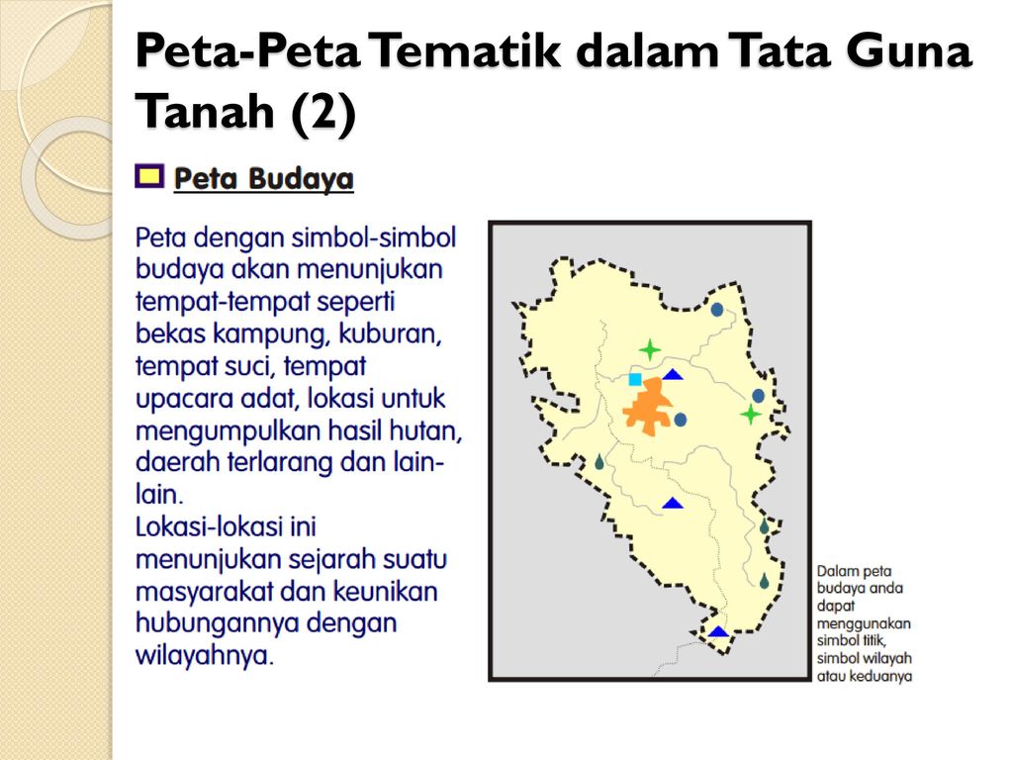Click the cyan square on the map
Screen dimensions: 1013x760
tap(635, 379)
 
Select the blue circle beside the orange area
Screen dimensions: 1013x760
tap(681, 420)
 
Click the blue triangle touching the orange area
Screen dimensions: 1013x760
tap(673, 374)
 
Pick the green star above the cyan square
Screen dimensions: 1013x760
tap(650, 349)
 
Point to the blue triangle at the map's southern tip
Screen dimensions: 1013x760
tap(718, 631)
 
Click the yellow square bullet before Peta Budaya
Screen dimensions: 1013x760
tap(149, 176)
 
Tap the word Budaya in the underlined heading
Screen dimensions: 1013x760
tap(301, 179)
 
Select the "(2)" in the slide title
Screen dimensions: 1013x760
tap(323, 111)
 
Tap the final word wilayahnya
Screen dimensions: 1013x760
tap(205, 655)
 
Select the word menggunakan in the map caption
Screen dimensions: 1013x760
tap(864, 624)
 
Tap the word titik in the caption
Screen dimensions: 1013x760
tap(873, 641)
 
